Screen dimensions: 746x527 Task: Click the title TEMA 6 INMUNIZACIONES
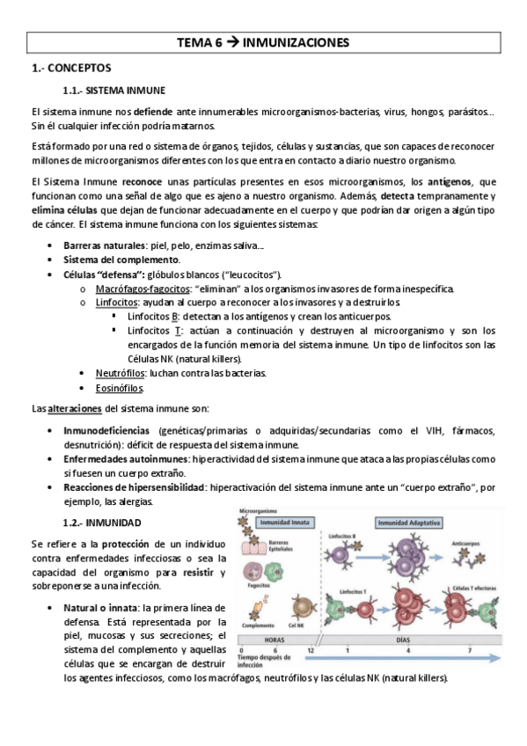[x=263, y=41]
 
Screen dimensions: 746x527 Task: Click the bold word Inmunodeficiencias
[x=106, y=430]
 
